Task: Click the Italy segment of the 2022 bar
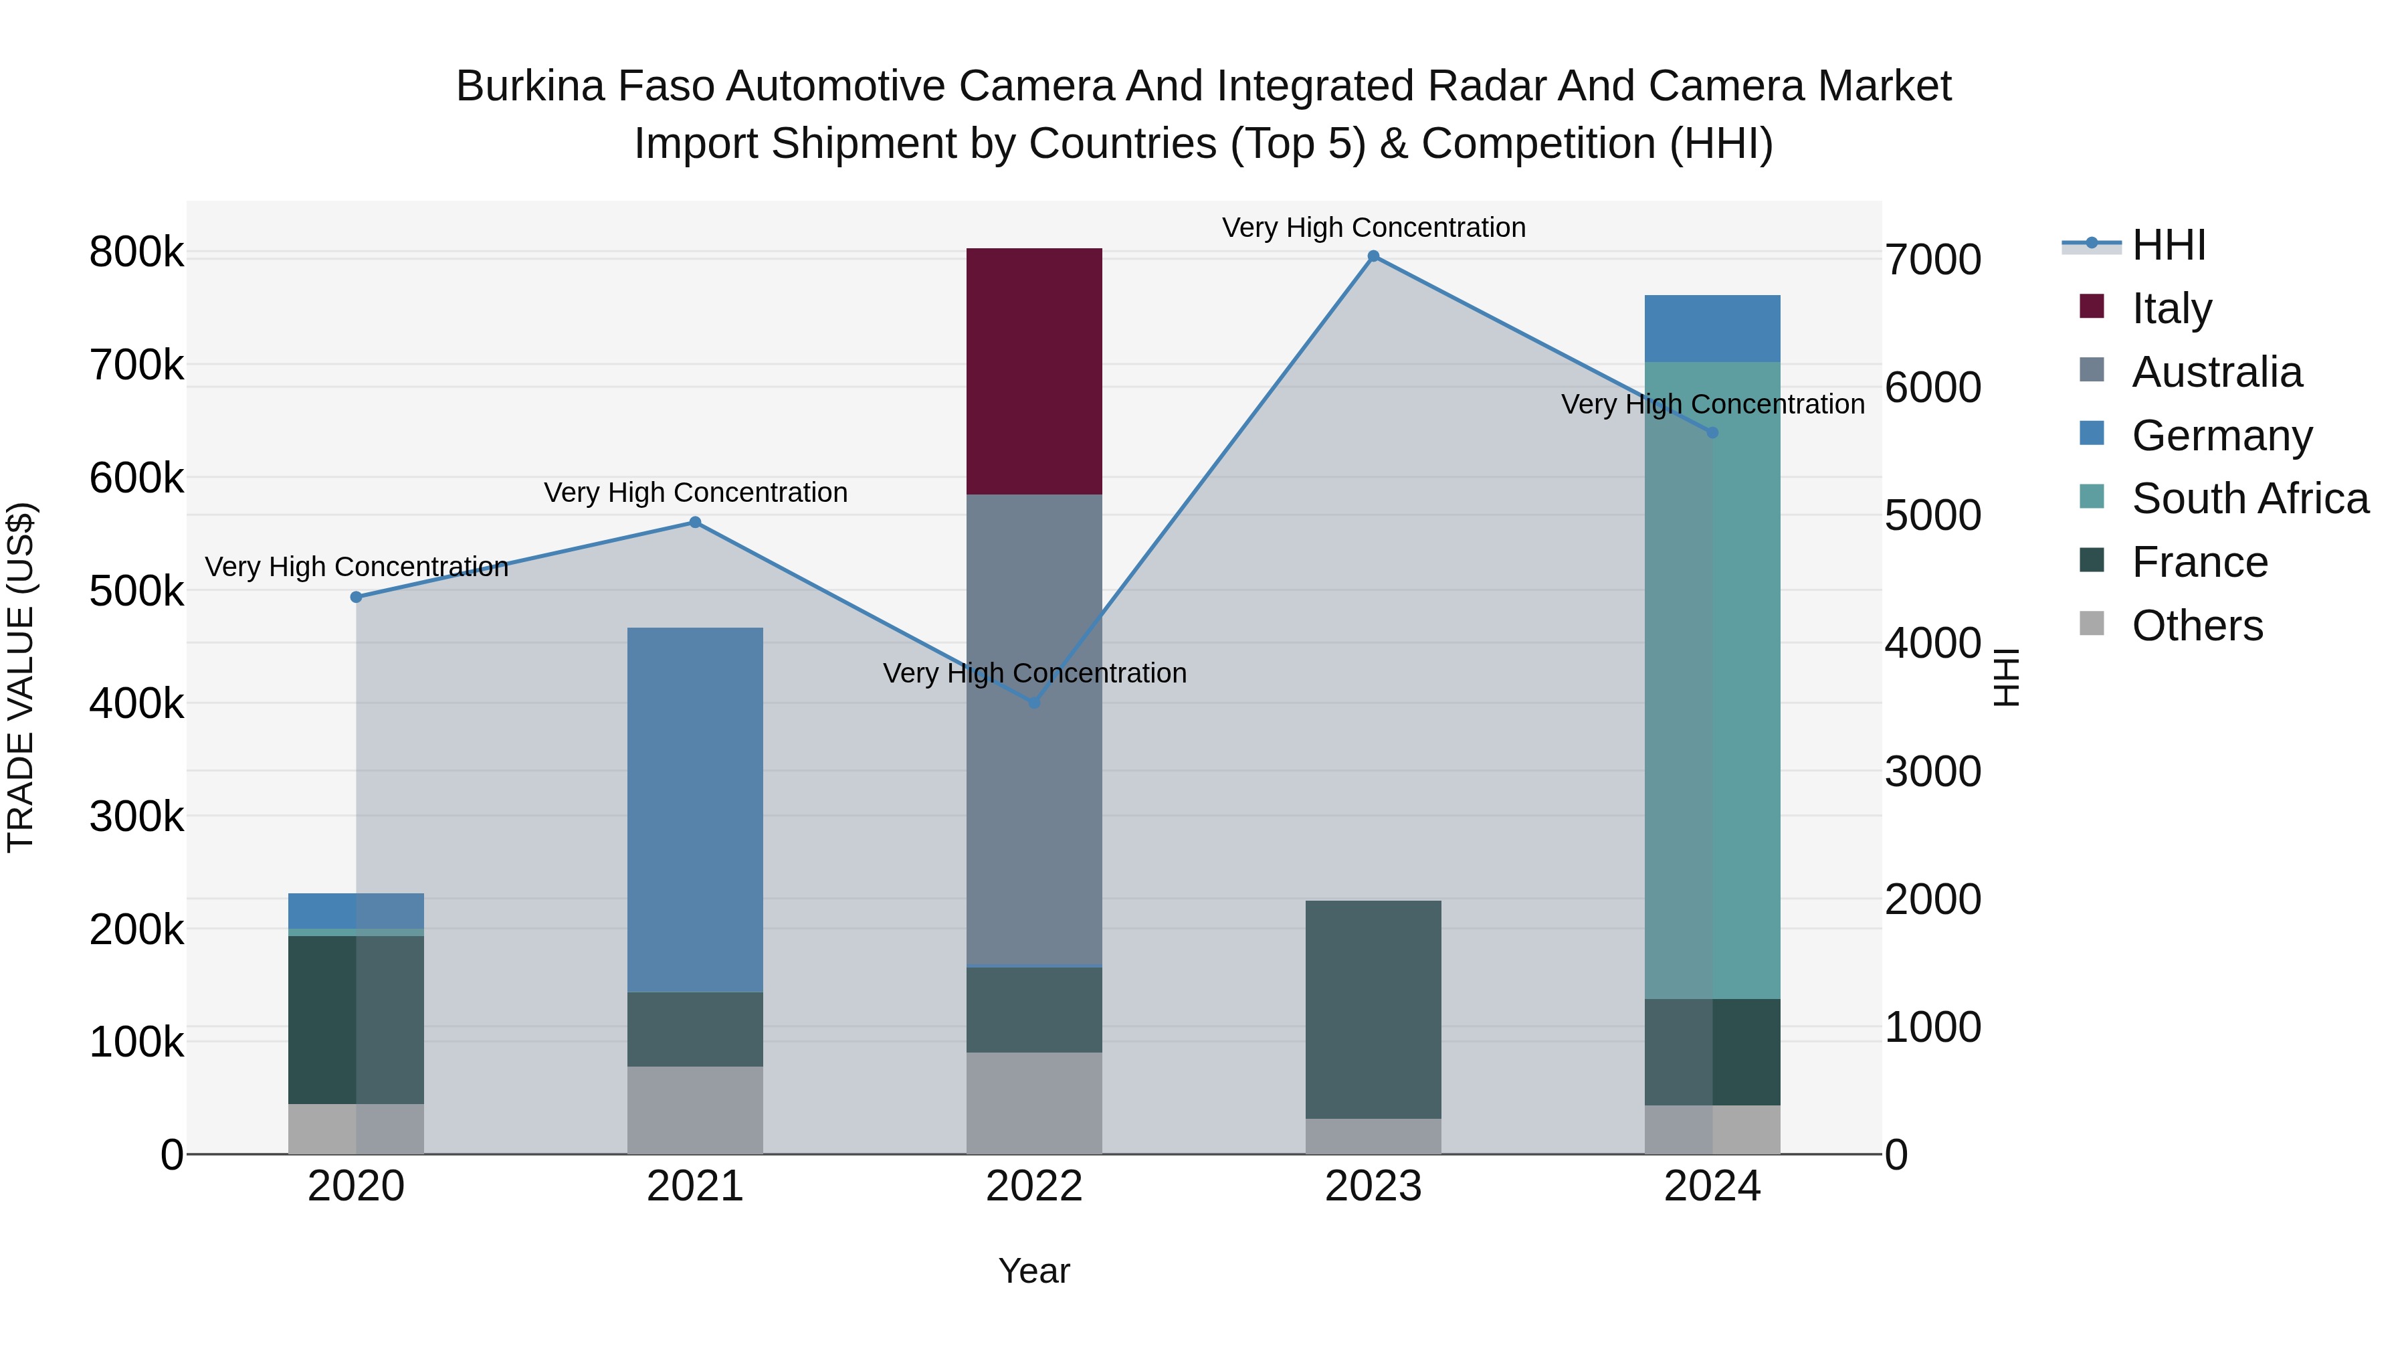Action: (x=1034, y=371)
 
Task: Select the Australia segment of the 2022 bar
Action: (x=1034, y=729)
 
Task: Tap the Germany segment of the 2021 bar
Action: (x=694, y=809)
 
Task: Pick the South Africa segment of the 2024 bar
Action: (x=1712, y=680)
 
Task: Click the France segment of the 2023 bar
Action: (x=1373, y=1009)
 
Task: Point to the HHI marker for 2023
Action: (x=1373, y=256)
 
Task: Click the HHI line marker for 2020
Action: (x=356, y=597)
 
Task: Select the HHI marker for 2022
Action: (x=1034, y=703)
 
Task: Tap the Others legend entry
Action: (x=2197, y=625)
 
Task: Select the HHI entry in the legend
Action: (x=2168, y=244)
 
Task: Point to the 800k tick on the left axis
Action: (x=136, y=252)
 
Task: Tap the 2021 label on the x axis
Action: (x=694, y=1186)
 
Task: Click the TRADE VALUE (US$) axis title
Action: (x=21, y=677)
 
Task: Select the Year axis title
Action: (x=1034, y=1271)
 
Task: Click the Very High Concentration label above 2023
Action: (x=1373, y=228)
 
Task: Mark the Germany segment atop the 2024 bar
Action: (x=1712, y=329)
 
